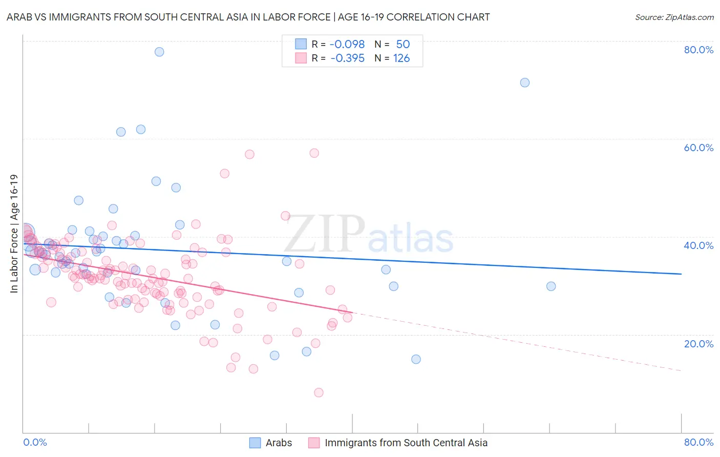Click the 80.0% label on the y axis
698,50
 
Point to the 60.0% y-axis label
698,148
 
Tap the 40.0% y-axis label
698,245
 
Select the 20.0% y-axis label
698,344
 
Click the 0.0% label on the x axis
35,442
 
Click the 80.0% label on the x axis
698,442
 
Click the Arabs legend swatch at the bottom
255,443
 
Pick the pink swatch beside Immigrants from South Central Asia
314,443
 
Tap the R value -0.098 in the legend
347,44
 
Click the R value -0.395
347,58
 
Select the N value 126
401,58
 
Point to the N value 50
403,44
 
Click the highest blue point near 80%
159,52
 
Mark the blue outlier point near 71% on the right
525,82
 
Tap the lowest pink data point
319,392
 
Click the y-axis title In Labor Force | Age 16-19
14,234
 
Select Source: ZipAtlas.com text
674,17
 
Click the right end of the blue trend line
681,274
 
